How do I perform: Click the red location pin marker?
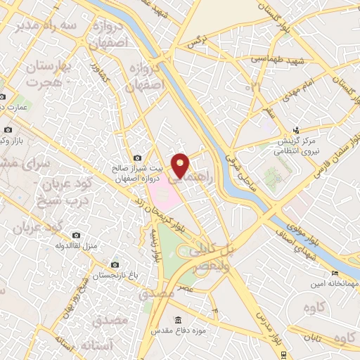click(x=181, y=165)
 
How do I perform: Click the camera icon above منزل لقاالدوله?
click(x=76, y=236)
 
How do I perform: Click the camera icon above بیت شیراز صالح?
click(x=137, y=157)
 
